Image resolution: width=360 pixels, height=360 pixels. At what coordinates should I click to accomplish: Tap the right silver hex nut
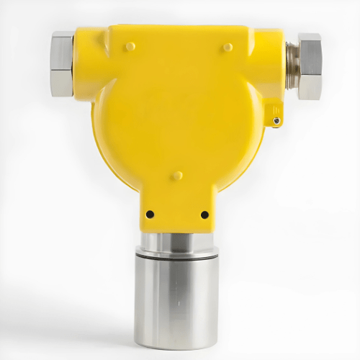(x=309, y=66)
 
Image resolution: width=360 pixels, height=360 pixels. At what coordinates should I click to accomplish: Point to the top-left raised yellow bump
(x=130, y=46)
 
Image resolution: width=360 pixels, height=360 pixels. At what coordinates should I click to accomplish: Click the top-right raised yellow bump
(x=228, y=47)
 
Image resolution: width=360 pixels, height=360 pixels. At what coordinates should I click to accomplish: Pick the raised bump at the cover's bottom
(x=177, y=175)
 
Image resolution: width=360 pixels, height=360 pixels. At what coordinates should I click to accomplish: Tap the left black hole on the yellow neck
(x=150, y=214)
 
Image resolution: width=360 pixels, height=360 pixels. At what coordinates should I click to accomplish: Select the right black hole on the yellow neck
(x=204, y=214)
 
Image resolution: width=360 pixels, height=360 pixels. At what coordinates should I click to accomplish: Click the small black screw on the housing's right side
(x=277, y=121)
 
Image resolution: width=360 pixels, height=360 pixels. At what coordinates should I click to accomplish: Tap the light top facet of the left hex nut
(x=62, y=37)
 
